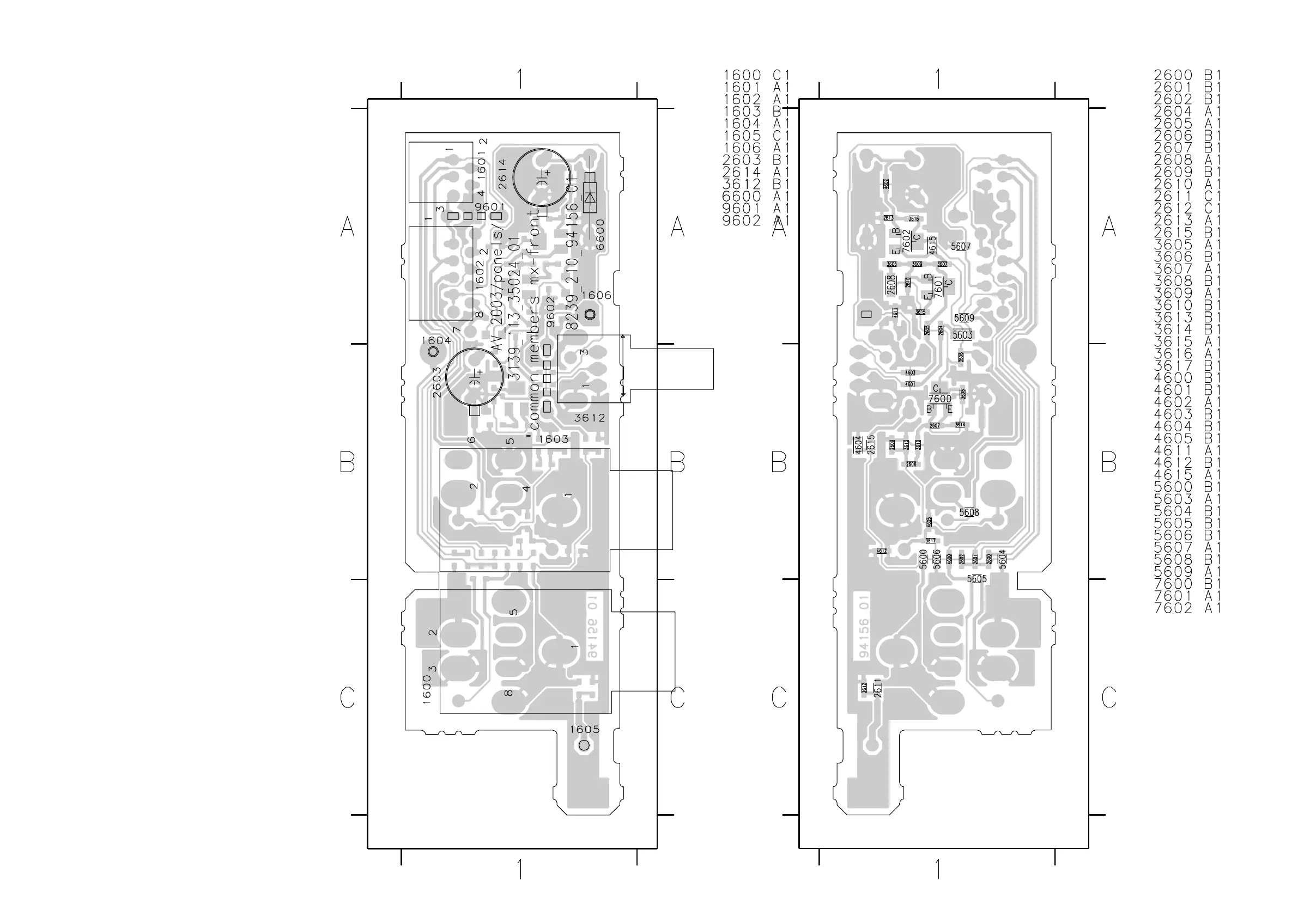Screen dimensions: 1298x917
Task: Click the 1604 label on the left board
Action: [x=436, y=341]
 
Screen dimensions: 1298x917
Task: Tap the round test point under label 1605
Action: [x=585, y=745]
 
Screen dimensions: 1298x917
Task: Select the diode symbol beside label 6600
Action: [x=591, y=197]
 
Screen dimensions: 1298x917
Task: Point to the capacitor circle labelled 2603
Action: [x=474, y=376]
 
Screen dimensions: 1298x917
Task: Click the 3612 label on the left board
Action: [x=590, y=418]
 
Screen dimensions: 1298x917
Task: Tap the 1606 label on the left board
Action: [x=597, y=296]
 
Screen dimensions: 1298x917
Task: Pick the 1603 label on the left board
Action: [x=554, y=439]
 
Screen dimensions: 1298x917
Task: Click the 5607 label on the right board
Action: [x=961, y=246]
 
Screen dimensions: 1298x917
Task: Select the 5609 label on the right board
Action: [x=964, y=318]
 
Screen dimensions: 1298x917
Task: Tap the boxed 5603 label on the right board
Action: [x=962, y=335]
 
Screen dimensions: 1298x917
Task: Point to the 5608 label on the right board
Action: [x=969, y=512]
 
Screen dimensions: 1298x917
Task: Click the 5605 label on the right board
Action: [x=976, y=578]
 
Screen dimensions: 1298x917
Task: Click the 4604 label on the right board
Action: [x=858, y=445]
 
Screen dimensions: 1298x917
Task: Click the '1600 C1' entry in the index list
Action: [x=756, y=75]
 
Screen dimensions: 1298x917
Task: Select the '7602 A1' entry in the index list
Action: [x=1187, y=608]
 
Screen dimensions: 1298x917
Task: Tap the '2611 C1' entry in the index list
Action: [x=1187, y=196]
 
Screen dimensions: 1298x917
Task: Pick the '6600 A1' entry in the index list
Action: [x=756, y=196]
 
